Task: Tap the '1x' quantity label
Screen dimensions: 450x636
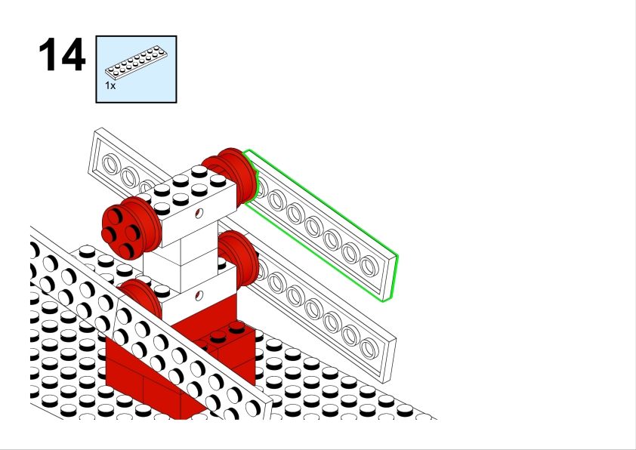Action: click(x=110, y=86)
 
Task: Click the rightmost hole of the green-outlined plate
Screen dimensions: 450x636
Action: click(x=369, y=265)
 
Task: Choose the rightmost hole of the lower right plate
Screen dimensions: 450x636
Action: click(x=369, y=348)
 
